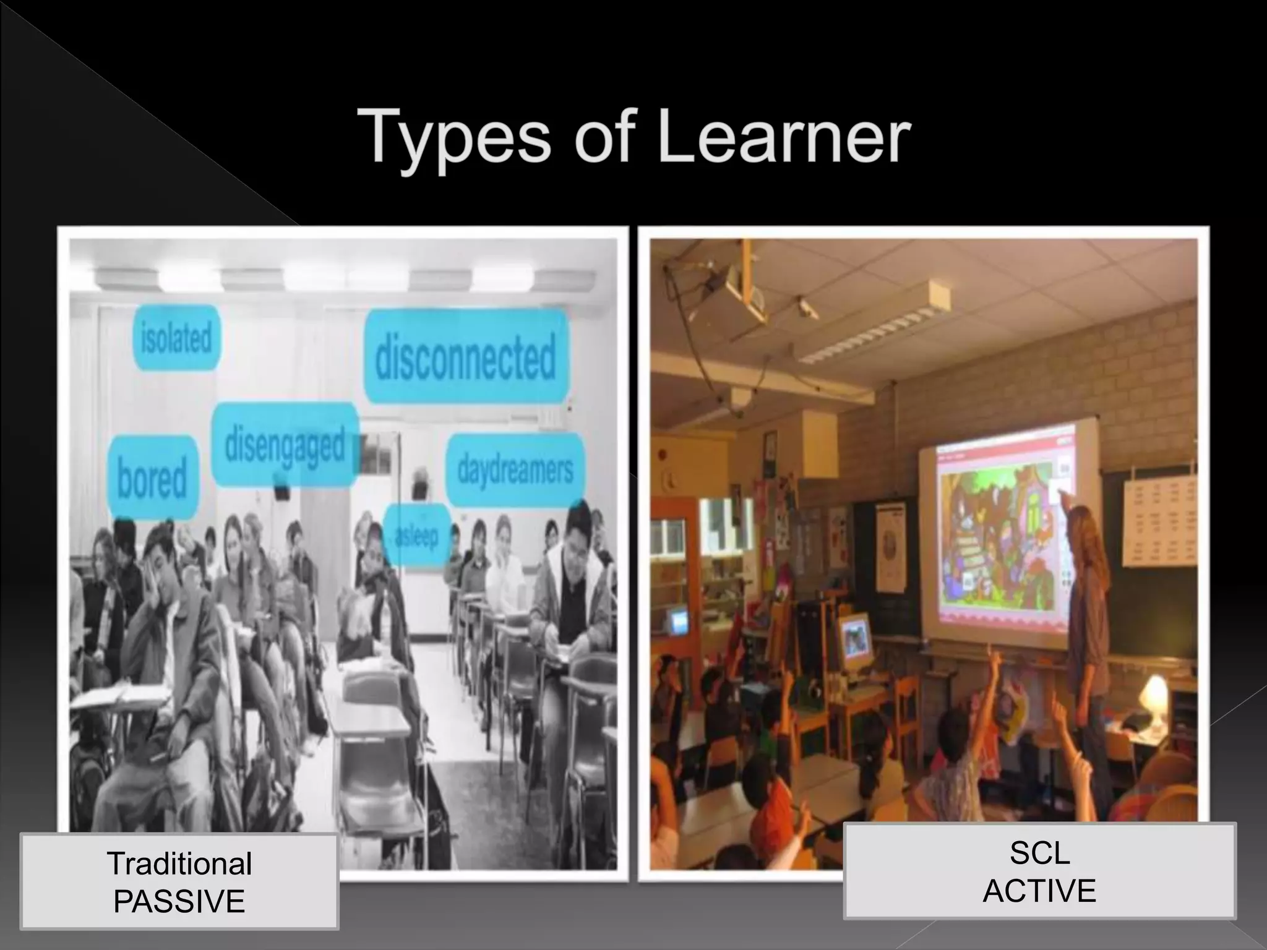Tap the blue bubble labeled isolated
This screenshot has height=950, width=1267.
coord(176,338)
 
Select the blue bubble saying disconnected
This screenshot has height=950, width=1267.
coord(465,357)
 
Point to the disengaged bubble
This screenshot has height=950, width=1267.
coord(285,444)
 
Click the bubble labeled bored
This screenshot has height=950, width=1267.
coord(152,477)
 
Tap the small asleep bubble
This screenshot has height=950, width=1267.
coord(416,535)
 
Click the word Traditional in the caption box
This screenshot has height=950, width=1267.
coord(179,863)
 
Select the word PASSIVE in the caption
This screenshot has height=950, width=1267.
coord(179,901)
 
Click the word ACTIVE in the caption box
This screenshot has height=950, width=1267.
coord(1039,891)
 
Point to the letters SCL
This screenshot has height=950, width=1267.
coord(1039,854)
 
